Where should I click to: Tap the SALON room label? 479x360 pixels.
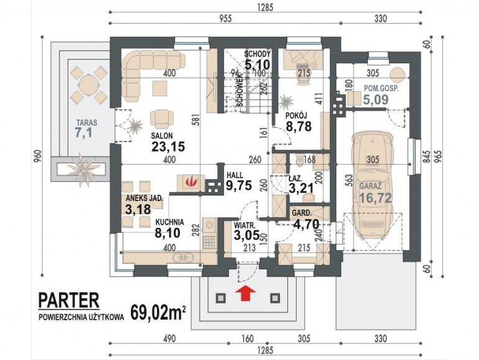tap(162, 136)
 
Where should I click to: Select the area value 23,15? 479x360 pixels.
tap(168, 146)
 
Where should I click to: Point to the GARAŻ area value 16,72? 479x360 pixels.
tap(375, 198)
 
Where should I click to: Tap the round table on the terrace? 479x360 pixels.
tap(88, 84)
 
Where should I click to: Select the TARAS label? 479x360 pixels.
tap(87, 123)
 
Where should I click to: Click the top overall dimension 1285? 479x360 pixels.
tap(265, 7)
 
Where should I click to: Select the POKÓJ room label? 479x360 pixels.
tap(296, 115)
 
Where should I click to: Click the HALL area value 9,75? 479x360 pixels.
tap(239, 185)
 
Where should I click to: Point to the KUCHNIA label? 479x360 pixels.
tap(169, 222)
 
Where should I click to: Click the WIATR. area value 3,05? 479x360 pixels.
tap(246, 235)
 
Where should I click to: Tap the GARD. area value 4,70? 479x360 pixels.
tap(306, 224)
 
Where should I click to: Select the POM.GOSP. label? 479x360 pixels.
tap(382, 88)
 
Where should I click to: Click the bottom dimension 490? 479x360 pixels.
tap(169, 338)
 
